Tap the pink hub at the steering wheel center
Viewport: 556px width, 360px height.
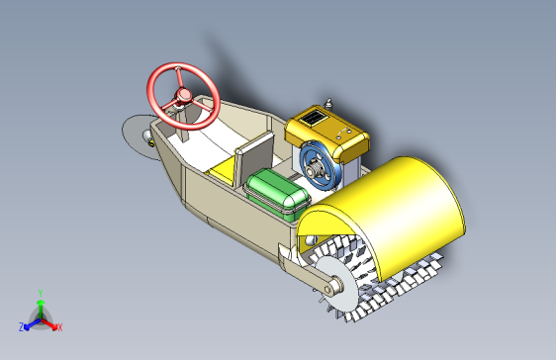pyautogui.click(x=184, y=95)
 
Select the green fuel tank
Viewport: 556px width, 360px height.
pyautogui.click(x=277, y=194)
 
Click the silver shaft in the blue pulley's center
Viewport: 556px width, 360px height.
pyautogui.click(x=315, y=170)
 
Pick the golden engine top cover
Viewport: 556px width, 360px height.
pyautogui.click(x=326, y=132)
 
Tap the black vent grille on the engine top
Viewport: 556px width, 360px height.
pyautogui.click(x=313, y=118)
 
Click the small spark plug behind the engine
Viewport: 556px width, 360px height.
pyautogui.click(x=328, y=104)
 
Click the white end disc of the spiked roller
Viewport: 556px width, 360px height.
pyautogui.click(x=336, y=284)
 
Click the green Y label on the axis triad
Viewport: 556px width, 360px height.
pyautogui.click(x=41, y=294)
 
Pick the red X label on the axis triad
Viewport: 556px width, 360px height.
pyautogui.click(x=60, y=327)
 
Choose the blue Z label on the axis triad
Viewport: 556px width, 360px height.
pyautogui.click(x=22, y=327)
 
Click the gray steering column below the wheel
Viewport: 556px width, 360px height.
pyautogui.click(x=183, y=124)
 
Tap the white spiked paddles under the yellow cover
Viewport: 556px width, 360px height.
pyautogui.click(x=376, y=280)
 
